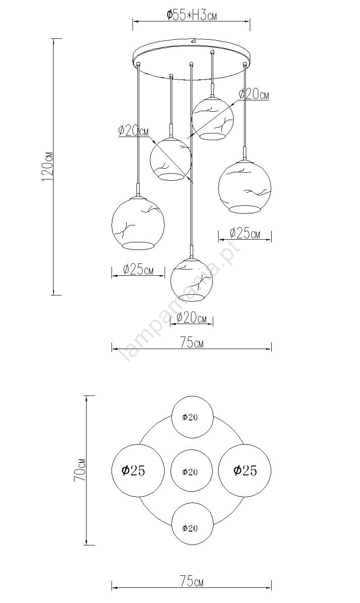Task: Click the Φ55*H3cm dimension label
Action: click(x=191, y=15)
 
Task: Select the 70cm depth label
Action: click(x=80, y=470)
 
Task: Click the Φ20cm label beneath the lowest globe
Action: click(x=191, y=318)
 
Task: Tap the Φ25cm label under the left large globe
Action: click(x=138, y=270)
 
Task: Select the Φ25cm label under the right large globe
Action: click(x=245, y=233)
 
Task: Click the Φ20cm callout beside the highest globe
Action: click(x=254, y=94)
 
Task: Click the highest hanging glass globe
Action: click(x=212, y=118)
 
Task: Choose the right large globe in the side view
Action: click(x=244, y=187)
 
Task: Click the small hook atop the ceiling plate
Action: click(x=193, y=40)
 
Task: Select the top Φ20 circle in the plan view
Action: click(x=192, y=417)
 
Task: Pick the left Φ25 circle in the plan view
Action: click(x=138, y=470)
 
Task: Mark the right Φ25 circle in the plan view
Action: click(x=244, y=470)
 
